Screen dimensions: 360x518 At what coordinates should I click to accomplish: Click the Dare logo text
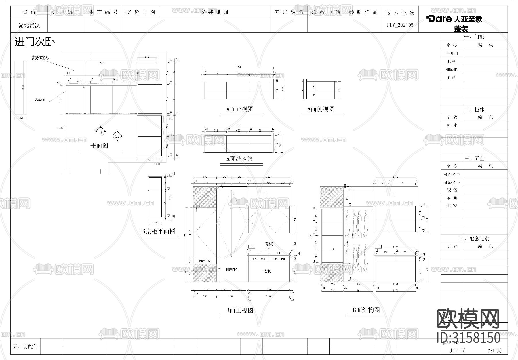(439, 19)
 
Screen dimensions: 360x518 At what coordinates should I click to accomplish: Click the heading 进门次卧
(35, 42)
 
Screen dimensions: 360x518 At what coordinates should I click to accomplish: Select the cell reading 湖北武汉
(29, 25)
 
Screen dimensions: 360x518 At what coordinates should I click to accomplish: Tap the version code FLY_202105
(400, 25)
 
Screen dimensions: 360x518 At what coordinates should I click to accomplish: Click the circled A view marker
(101, 132)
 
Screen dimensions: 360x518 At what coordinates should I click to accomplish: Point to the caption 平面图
(99, 146)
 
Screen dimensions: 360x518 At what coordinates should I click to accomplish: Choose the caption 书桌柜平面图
(157, 231)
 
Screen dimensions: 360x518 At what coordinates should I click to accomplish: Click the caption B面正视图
(240, 311)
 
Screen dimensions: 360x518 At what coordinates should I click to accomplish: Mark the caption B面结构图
(366, 310)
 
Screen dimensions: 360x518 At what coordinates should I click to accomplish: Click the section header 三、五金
(474, 159)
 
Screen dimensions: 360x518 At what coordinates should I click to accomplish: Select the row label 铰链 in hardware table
(452, 190)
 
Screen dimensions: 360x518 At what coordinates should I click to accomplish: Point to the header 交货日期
(140, 12)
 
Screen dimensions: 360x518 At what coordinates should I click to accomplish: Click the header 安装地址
(214, 12)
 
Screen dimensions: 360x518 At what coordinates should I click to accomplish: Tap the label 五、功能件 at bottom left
(25, 347)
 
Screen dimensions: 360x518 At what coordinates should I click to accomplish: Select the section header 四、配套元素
(474, 239)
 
